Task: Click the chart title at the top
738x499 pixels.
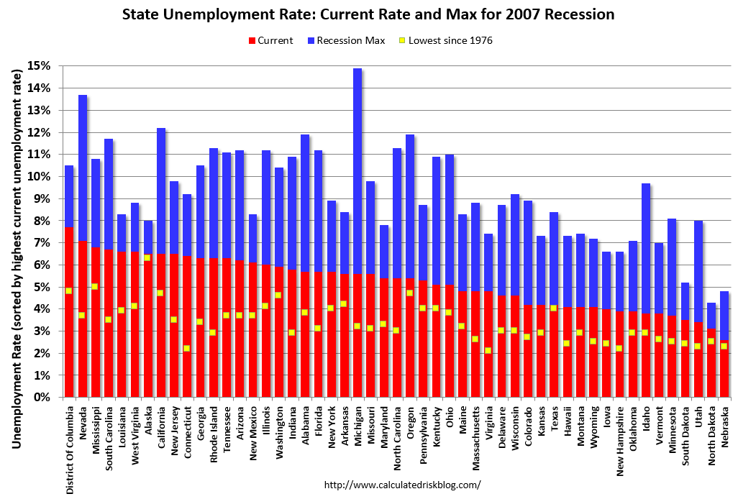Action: point(368,14)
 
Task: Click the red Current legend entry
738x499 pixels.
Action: point(270,40)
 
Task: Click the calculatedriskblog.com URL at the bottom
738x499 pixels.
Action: point(402,485)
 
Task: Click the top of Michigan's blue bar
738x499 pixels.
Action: point(357,70)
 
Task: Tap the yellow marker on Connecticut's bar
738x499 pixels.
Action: point(187,349)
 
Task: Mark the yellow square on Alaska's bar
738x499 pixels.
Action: point(147,257)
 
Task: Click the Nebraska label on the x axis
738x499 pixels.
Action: point(724,429)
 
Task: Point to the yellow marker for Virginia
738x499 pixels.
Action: point(488,351)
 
